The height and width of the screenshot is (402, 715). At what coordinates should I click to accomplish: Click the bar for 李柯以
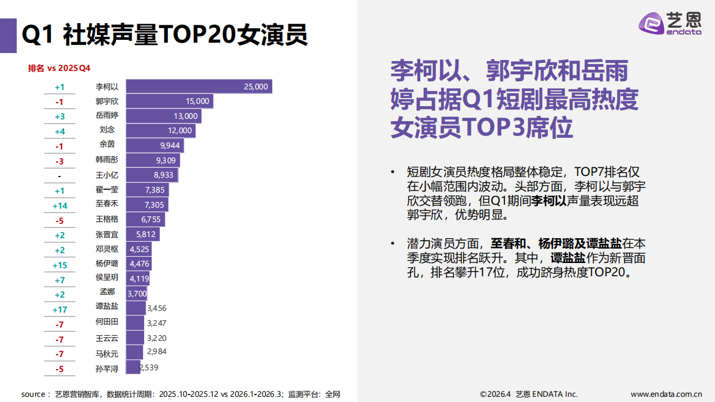pyautogui.click(x=198, y=87)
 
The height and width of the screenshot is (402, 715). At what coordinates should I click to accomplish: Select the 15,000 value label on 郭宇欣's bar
pyautogui.click(x=197, y=101)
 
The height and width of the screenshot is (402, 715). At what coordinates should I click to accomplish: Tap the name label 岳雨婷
pyautogui.click(x=107, y=116)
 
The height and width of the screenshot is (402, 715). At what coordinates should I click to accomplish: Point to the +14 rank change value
pyautogui.click(x=60, y=205)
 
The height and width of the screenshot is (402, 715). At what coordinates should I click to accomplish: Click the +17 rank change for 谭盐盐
pyautogui.click(x=60, y=309)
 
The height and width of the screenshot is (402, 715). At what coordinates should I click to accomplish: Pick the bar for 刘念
pyautogui.click(x=160, y=131)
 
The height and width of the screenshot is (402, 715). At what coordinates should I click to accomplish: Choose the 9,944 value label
pyautogui.click(x=168, y=145)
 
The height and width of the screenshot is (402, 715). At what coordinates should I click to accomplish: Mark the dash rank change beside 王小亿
pyautogui.click(x=59, y=176)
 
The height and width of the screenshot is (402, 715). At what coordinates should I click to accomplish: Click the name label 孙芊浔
pyautogui.click(x=107, y=369)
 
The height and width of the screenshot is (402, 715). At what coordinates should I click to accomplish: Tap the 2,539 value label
pyautogui.click(x=149, y=367)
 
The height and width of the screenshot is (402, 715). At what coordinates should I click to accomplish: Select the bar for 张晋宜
pyautogui.click(x=142, y=235)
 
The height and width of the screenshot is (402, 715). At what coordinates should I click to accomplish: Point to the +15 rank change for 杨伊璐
pyautogui.click(x=60, y=265)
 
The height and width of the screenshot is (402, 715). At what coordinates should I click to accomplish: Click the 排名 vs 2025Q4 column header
pyautogui.click(x=59, y=68)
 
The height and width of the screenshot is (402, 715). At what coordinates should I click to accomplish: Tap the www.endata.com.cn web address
pyautogui.click(x=666, y=394)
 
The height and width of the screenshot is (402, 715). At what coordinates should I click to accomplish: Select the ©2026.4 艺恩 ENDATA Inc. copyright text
pyautogui.click(x=528, y=394)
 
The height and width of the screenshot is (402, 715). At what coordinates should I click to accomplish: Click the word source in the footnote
pyautogui.click(x=32, y=395)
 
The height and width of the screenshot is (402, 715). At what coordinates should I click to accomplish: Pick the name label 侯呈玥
pyautogui.click(x=107, y=277)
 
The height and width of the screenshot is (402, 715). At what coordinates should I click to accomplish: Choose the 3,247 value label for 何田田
pyautogui.click(x=156, y=323)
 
